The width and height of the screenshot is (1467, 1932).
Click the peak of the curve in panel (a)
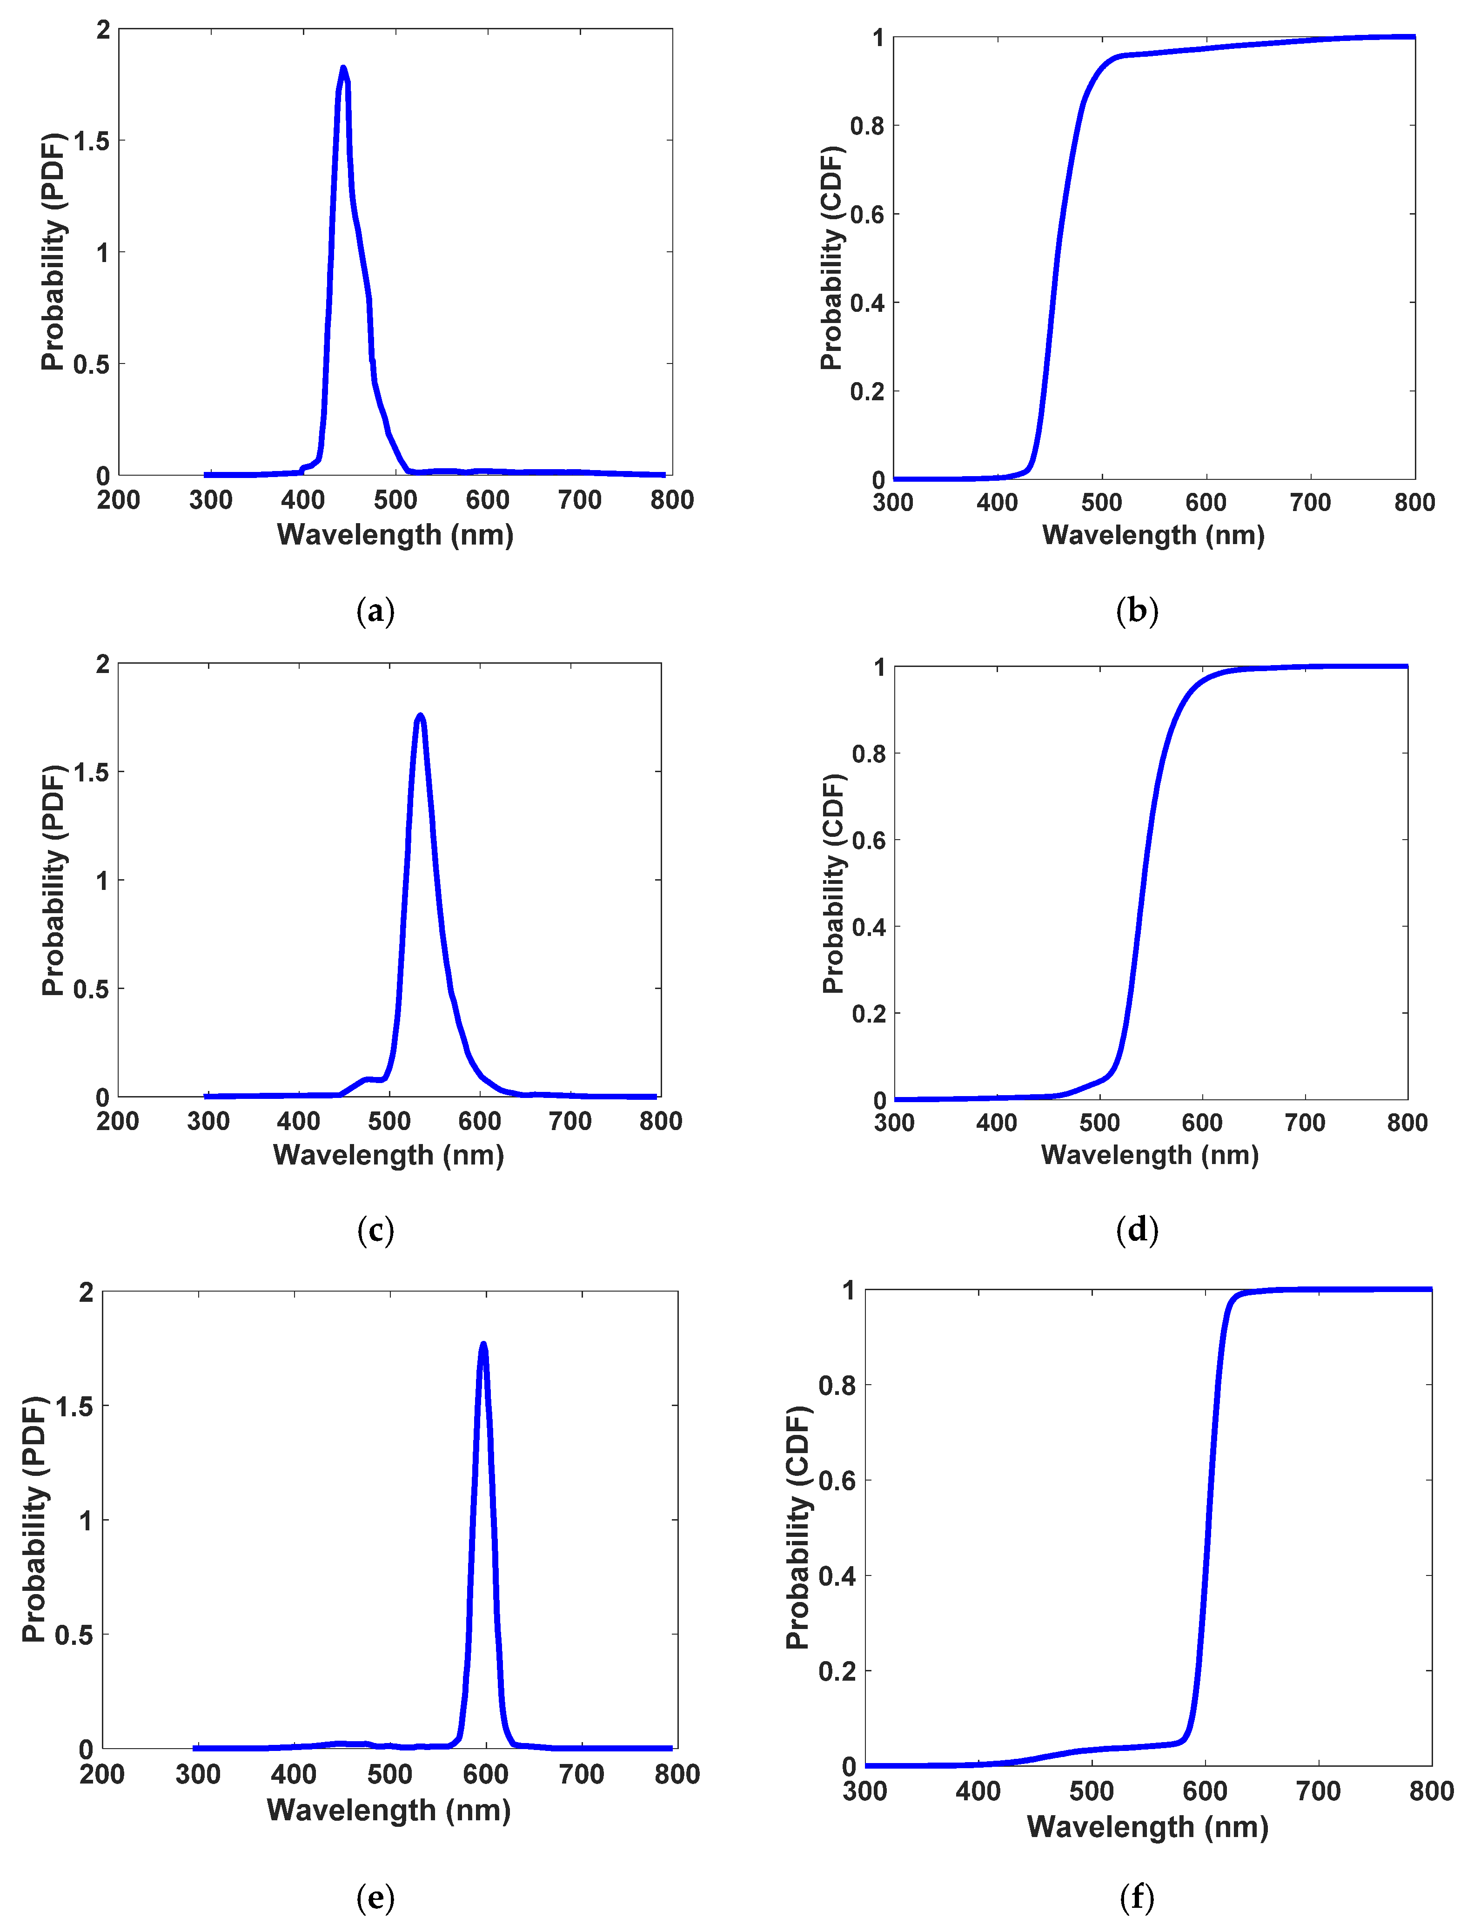pos(343,68)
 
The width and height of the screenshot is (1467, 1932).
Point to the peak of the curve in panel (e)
pos(483,1345)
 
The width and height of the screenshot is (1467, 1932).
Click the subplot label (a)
pos(375,611)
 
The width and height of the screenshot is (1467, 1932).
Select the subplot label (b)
pos(1137,611)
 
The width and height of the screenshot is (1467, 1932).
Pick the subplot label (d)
pos(1137,1230)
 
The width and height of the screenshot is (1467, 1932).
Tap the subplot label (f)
pos(1137,1897)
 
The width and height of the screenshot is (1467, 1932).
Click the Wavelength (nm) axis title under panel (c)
pos(389,1155)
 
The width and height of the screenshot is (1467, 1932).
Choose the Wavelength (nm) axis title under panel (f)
pos(1147,1826)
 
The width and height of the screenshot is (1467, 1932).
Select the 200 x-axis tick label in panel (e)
pos(102,1775)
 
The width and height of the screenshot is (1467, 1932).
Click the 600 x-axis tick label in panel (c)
pos(479,1122)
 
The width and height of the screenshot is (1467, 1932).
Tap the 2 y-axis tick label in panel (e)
pos(86,1292)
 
